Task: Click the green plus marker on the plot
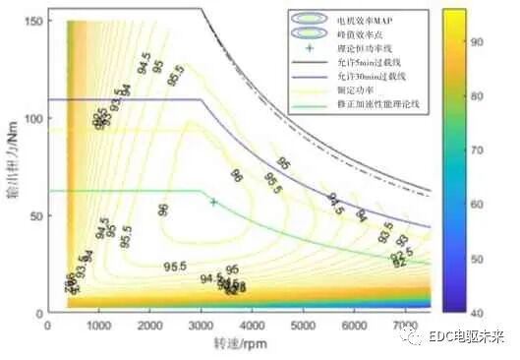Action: click(213, 202)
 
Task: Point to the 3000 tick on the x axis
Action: click(201, 324)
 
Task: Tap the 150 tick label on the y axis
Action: click(32, 21)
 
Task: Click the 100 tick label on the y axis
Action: click(32, 118)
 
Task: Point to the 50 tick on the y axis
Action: click(35, 214)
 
